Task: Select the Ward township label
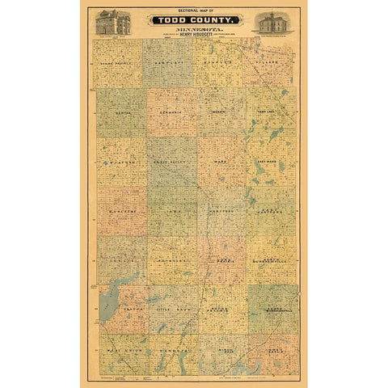tap(220, 162)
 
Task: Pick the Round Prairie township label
tap(220, 310)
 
